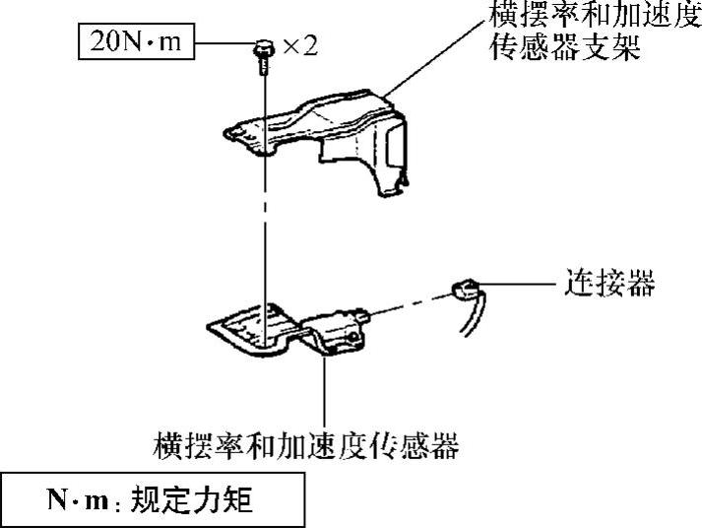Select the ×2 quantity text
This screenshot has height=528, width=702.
[x=298, y=46]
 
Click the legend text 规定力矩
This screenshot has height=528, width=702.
[x=203, y=501]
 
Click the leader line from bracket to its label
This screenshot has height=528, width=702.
[x=433, y=59]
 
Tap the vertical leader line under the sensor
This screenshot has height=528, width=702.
[x=325, y=394]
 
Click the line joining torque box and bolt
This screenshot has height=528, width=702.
[x=224, y=44]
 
